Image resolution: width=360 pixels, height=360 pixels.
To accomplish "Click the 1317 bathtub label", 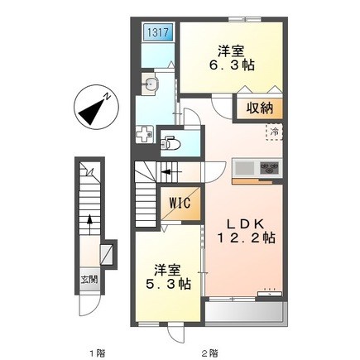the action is coord(158,32).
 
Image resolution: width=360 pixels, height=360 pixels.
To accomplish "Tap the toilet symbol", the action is coord(170,143).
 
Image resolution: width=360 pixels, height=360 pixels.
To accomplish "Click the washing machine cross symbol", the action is coord(145,134).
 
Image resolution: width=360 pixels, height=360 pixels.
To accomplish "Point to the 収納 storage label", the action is coord(260,108).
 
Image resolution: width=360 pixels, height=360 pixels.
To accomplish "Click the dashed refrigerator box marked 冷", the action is coord(274,132).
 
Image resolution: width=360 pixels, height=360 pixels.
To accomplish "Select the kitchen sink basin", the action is coord(244,167).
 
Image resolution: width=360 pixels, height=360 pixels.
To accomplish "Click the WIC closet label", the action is coord(180,203).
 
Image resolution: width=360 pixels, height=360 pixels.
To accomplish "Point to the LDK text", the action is coord(246,223).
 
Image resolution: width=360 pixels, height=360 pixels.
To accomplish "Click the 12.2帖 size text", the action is coord(247,238).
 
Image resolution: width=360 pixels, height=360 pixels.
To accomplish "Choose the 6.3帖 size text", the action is coord(232,65).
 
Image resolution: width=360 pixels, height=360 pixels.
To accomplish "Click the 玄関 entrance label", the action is coord(89,280).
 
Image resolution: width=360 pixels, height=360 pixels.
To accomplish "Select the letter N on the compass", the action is coord(107,97).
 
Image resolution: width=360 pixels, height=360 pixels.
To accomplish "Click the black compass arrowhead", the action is coord(92,113).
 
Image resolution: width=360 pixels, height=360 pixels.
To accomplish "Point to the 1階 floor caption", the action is coord(97,353).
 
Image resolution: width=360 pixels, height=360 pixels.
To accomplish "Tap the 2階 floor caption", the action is coord(209,353).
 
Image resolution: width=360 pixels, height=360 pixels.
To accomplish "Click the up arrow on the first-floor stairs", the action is coord(89,224).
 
